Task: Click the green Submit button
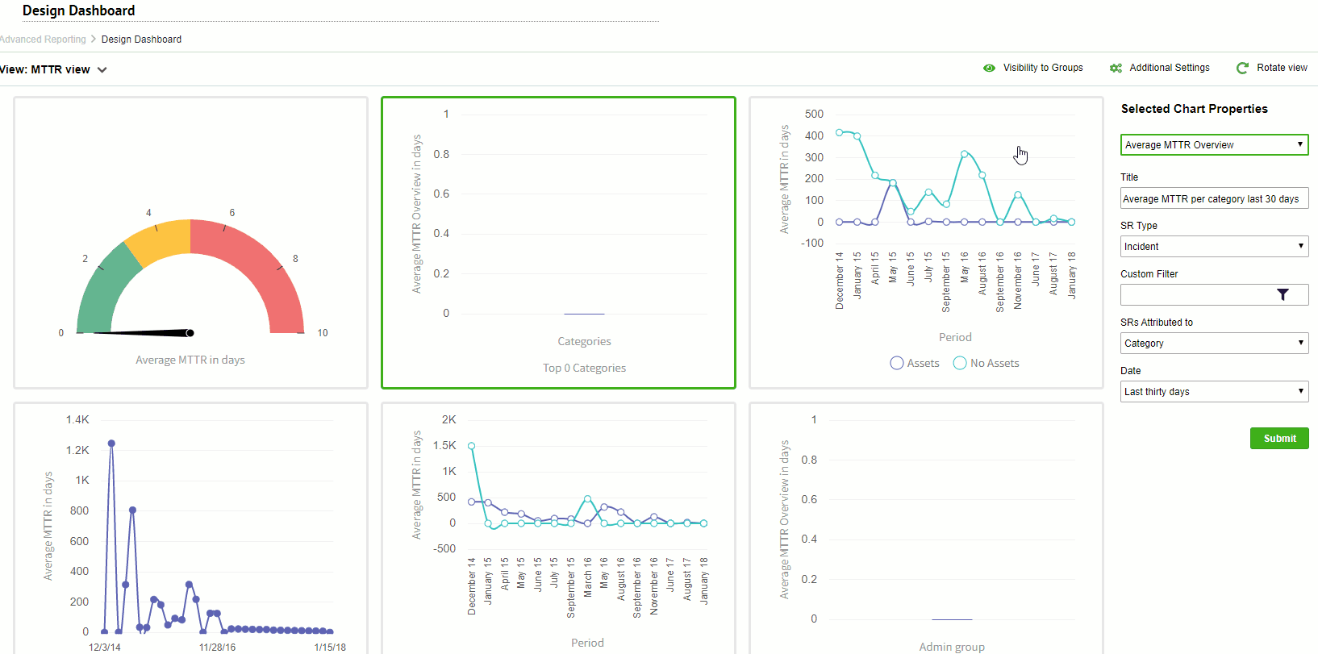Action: coord(1279,439)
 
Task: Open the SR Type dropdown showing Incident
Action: coord(1214,247)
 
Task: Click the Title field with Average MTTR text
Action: coord(1214,198)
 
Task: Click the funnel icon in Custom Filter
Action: coord(1283,295)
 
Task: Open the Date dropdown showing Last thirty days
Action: coord(1214,392)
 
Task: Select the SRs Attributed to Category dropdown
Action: coord(1214,344)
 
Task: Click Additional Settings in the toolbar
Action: coord(1169,68)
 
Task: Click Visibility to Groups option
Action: coord(1042,68)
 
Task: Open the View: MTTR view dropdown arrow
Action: coord(102,70)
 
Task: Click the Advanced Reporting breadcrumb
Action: coord(43,40)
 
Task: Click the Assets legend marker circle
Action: coord(897,364)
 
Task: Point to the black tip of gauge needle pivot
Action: coord(190,333)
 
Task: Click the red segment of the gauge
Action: coord(258,258)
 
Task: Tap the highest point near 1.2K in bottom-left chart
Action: coord(111,444)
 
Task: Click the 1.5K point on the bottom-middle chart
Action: coord(472,446)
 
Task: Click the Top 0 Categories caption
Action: coord(584,369)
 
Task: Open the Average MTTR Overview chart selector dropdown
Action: coord(1214,145)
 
